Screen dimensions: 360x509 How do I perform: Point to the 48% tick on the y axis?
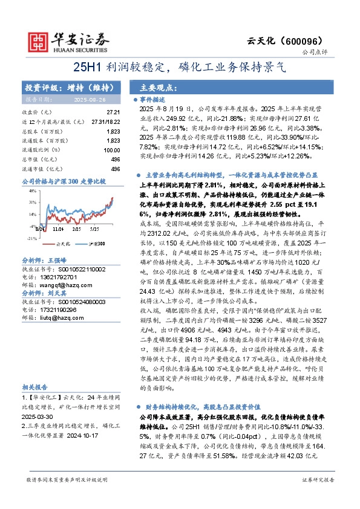30,190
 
